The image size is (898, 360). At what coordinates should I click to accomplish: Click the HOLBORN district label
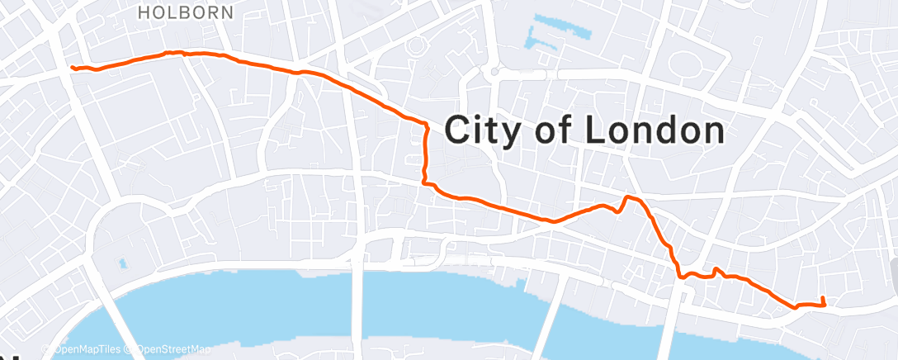pos(186,12)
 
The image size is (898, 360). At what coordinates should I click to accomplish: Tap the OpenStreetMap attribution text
pos(172,350)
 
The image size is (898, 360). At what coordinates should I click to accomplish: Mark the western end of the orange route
pos(73,68)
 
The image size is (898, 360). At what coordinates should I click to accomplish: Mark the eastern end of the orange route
pos(823,298)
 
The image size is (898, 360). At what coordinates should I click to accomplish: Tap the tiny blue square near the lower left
pos(123,264)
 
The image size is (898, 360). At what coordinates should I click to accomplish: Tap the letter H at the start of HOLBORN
pos(144,12)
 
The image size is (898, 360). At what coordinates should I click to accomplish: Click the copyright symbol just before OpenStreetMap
pos(130,350)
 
